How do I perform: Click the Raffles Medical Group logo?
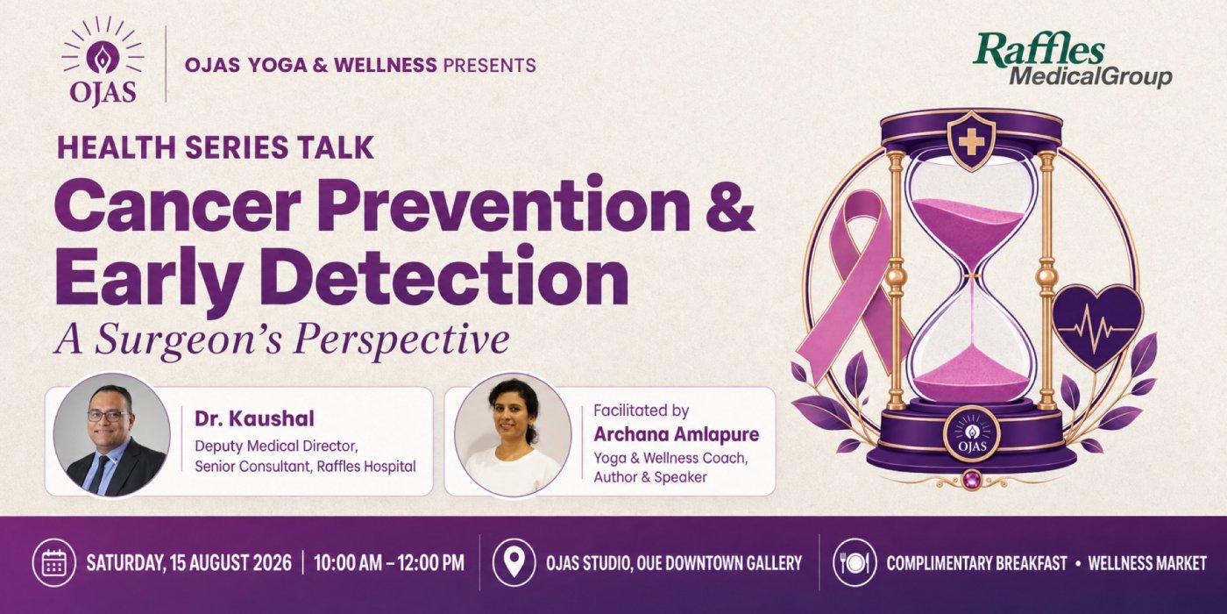(1072, 60)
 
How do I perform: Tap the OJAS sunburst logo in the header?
(103, 61)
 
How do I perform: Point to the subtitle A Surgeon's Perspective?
(281, 340)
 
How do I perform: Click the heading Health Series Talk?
(216, 147)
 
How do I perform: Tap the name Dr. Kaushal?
(254, 419)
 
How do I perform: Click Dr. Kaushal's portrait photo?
(112, 435)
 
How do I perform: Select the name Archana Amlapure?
(677, 434)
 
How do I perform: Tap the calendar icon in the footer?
(54, 562)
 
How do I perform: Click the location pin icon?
(514, 562)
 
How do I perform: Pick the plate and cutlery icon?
(855, 562)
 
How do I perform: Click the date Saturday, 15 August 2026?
(189, 563)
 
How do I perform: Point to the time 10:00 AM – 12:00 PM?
(389, 563)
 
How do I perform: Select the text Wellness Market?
(1147, 563)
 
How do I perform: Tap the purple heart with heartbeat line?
(1097, 327)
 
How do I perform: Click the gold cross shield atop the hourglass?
(971, 142)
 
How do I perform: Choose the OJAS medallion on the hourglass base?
(972, 434)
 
